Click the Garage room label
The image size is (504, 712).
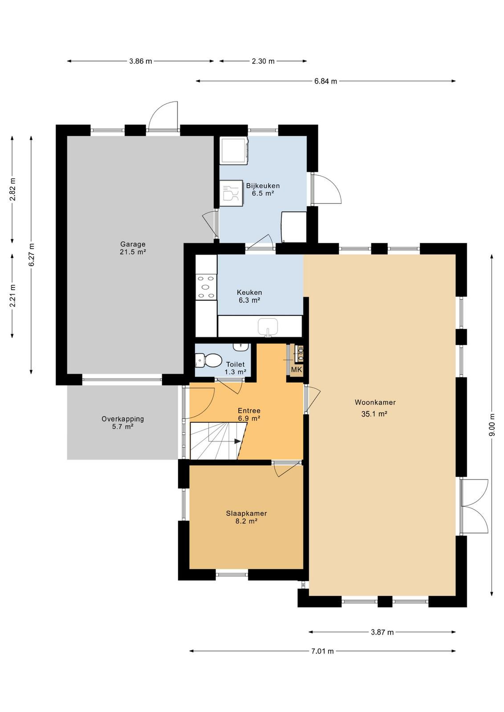pyautogui.click(x=133, y=244)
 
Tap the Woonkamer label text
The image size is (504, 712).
pyautogui.click(x=375, y=402)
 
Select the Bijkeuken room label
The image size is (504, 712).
pyautogui.click(x=263, y=186)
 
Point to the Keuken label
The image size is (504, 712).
pyautogui.click(x=249, y=292)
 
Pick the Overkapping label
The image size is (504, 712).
pyautogui.click(x=123, y=419)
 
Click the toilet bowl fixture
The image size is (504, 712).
pyautogui.click(x=210, y=360)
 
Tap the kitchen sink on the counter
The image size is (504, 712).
pyautogui.click(x=268, y=327)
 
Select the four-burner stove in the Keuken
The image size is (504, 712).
pyautogui.click(x=206, y=287)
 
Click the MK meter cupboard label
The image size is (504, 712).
pyautogui.click(x=297, y=370)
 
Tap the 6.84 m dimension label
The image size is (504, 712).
pyautogui.click(x=325, y=81)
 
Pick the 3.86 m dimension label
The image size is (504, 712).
pyautogui.click(x=141, y=61)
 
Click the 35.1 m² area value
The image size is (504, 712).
pyautogui.click(x=374, y=414)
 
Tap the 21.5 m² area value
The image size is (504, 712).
pyautogui.click(x=133, y=252)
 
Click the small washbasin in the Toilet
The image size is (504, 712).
pyautogui.click(x=241, y=347)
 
